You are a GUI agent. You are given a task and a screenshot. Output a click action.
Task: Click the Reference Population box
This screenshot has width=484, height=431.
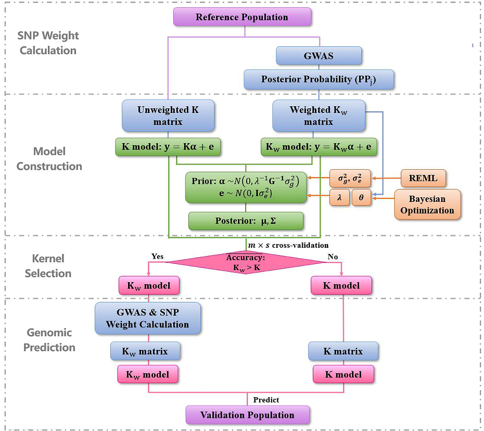tap(242, 17)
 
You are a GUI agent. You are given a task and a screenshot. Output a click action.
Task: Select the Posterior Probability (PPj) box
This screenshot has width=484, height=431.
tap(319, 80)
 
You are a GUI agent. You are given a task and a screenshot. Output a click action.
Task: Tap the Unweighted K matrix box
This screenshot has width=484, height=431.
tap(168, 116)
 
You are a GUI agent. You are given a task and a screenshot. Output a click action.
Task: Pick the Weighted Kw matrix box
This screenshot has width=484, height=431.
tap(319, 116)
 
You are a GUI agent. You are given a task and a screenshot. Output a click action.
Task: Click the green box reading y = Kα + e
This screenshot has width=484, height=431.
tap(168, 147)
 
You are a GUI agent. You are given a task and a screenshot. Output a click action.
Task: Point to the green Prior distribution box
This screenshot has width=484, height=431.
tap(246, 186)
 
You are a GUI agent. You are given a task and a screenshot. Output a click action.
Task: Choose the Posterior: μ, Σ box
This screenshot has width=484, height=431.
tap(246, 221)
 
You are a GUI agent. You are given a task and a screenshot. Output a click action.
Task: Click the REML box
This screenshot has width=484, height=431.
tap(423, 179)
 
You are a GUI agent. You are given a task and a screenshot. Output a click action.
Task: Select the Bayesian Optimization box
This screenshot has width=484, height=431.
tap(427, 205)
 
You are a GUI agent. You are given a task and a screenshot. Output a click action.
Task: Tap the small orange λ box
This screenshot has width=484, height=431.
tap(339, 198)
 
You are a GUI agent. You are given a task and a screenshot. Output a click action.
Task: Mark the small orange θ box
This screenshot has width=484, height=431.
tap(361, 198)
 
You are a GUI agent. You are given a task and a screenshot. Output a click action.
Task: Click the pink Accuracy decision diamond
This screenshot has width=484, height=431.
tap(246, 262)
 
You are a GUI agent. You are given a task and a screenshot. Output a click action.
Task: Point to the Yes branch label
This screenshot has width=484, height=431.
tap(157, 257)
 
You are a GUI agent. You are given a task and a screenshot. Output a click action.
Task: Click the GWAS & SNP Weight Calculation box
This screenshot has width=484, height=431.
tap(147, 319)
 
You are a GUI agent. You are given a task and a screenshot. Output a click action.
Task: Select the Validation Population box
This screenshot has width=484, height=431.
tap(248, 415)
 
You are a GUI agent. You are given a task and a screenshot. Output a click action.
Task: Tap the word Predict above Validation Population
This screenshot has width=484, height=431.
tap(266, 400)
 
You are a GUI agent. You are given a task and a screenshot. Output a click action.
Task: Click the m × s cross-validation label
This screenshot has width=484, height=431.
tap(288, 245)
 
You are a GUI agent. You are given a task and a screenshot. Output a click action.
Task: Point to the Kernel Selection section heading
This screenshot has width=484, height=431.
tap(48, 265)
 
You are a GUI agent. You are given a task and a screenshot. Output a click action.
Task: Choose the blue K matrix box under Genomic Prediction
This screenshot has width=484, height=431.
tap(343, 351)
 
